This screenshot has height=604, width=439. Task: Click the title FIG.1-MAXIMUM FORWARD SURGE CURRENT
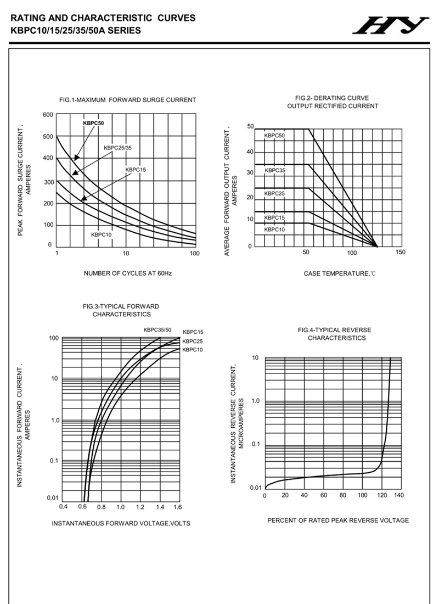pos(127,100)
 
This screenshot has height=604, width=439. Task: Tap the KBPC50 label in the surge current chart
pos(93,124)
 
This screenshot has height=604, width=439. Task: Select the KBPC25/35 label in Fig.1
pos(117,148)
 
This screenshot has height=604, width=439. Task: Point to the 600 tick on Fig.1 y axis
pos(47,115)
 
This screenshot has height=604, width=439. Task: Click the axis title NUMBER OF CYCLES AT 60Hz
pos(128,273)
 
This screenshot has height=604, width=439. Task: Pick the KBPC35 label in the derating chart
pos(275,171)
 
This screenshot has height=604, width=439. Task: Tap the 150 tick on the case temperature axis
pos(400,253)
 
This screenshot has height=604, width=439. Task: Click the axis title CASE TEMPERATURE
pos(340,273)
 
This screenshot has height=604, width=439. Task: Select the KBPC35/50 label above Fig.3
pos(157,330)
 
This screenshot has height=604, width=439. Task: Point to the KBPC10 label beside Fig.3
pos(193,350)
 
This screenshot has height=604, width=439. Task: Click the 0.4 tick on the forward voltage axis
pos(63,506)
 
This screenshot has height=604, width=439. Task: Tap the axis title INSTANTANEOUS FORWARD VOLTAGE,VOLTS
pos(121,523)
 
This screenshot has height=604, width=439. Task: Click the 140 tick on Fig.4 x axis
pos(399,495)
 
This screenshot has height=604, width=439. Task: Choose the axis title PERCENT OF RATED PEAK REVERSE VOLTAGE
pos(338,520)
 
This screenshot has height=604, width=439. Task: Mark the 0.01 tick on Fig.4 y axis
pos(256,488)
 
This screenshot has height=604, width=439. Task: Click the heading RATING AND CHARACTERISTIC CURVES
pos(103,18)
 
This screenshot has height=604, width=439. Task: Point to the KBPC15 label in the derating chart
pos(274,218)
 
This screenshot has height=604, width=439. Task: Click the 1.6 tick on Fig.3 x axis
pos(177,506)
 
